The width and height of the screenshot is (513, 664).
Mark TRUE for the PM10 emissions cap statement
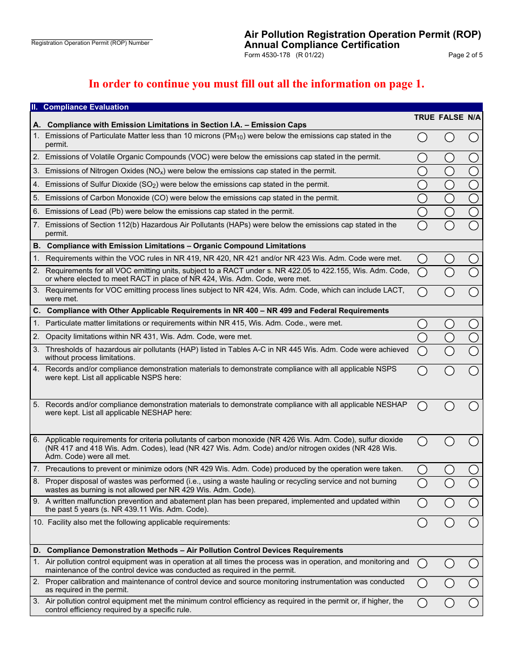[x=422, y=138]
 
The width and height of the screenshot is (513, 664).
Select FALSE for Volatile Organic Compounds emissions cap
[x=449, y=158]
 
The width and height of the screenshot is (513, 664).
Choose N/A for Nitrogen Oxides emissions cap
[x=474, y=171]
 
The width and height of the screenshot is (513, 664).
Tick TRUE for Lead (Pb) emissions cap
[x=422, y=212]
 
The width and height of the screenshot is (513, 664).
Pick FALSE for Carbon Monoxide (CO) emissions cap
[x=449, y=198]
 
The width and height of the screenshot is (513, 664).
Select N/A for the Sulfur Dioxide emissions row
[x=474, y=185]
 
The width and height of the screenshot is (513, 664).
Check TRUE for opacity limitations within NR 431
[x=422, y=337]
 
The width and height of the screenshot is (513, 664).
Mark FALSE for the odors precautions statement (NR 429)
[x=449, y=470]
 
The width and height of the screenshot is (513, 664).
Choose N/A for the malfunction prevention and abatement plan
[x=474, y=503]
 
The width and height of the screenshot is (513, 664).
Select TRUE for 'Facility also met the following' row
[x=422, y=523]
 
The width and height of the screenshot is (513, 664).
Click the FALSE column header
[x=451, y=117]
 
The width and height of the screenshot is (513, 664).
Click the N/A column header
[x=474, y=117]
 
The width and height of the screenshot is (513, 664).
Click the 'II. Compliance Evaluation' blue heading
[x=86, y=107]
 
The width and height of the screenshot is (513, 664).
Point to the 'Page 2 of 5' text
[x=465, y=55]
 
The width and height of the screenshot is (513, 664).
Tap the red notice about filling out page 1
[x=256, y=84]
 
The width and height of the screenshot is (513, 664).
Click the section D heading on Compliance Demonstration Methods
[x=194, y=550]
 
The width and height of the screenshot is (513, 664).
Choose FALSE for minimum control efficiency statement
[x=449, y=603]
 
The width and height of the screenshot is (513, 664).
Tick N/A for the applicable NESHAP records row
[x=474, y=406]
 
